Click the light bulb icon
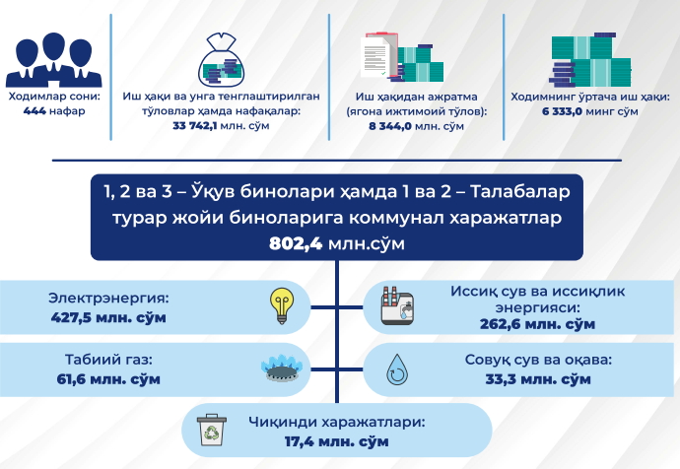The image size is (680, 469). click(x=282, y=306)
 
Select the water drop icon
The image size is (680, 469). click(x=397, y=369)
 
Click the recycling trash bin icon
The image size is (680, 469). click(x=211, y=430)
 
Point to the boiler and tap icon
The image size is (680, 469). click(x=397, y=305)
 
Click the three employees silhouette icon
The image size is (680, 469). click(x=54, y=60)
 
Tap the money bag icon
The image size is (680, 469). click(x=221, y=59)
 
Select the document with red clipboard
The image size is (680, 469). click(x=378, y=56)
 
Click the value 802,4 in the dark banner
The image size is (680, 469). click(x=296, y=243)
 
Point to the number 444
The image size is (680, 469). click(x=34, y=111)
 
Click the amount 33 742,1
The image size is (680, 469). click(x=195, y=126)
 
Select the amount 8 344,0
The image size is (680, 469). click(x=390, y=126)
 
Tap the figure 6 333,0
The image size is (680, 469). click(x=563, y=111)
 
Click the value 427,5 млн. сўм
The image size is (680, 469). click(x=108, y=317)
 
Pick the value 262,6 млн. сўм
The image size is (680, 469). click(x=537, y=324)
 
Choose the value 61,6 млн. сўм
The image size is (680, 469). click(x=108, y=379)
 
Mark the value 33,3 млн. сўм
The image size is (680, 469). click(x=538, y=379)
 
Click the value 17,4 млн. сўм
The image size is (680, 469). click(x=336, y=441)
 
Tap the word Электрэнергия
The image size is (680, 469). click(x=108, y=299)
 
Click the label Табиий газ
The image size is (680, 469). click(x=108, y=360)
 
